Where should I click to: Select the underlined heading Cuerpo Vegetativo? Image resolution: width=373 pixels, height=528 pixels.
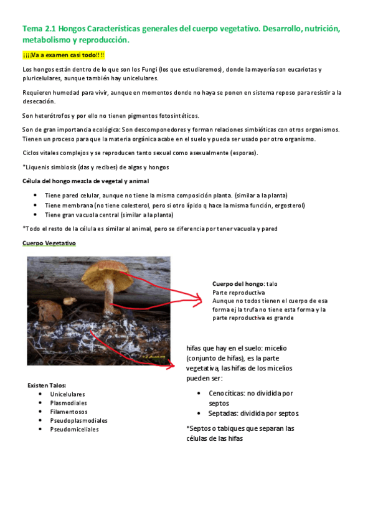[49, 243]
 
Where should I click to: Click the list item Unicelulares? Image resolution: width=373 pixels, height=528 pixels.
[67, 394]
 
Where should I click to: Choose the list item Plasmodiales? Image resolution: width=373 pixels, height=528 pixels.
[68, 403]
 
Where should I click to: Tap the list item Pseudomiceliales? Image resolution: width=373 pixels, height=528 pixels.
[74, 429]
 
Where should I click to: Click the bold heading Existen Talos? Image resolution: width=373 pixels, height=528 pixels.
[47, 385]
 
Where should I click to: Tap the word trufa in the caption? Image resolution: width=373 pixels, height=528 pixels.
[259, 309]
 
